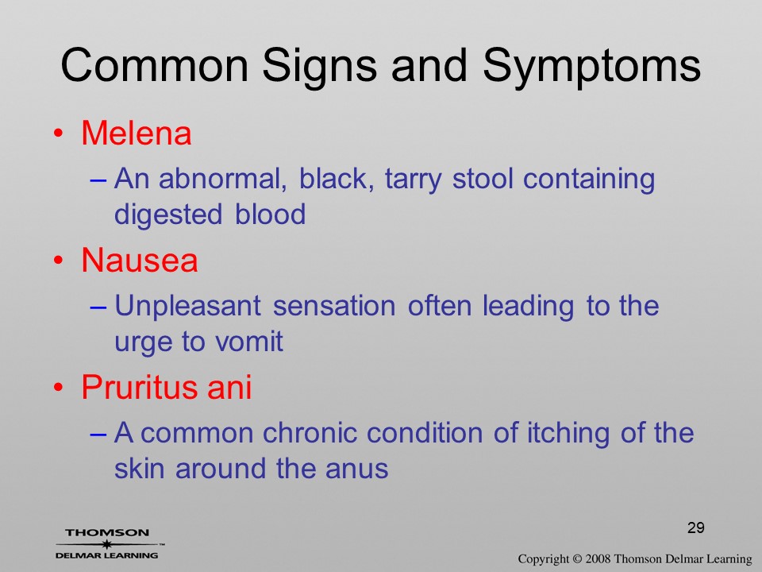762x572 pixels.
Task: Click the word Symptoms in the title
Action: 591,67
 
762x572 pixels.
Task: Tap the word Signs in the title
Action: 319,67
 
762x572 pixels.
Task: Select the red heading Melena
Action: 136,133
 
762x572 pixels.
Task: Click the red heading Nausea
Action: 140,260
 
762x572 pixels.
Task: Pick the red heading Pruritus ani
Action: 166,388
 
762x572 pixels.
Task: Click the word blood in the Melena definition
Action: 270,214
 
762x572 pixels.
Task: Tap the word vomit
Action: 248,342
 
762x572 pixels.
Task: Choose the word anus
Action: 356,469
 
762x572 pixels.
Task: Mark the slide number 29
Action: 696,528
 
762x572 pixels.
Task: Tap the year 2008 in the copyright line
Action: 597,558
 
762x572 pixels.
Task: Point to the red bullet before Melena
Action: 59,133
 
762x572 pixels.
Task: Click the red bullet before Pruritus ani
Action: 59,388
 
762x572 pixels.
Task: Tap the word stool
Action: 483,179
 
